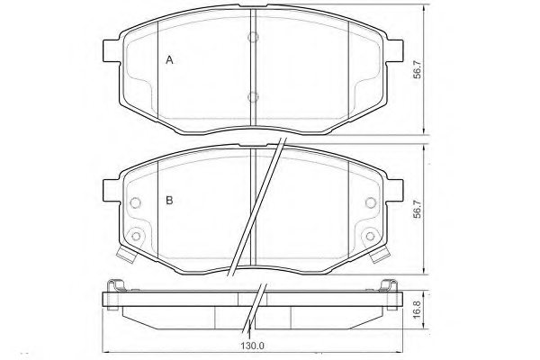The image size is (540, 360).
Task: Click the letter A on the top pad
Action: click(x=168, y=59)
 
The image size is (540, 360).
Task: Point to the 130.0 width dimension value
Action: click(x=252, y=343)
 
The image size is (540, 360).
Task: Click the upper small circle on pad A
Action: click(x=253, y=38)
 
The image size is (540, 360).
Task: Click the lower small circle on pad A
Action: click(x=253, y=97)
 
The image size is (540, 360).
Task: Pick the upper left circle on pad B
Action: click(x=136, y=202)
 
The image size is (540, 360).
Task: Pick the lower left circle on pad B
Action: click(x=136, y=237)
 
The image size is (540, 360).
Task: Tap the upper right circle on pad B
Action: click(x=370, y=202)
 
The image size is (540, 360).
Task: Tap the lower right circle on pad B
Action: click(x=370, y=237)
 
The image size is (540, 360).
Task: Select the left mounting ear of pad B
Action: click(x=112, y=191)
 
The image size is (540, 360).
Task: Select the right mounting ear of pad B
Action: click(x=394, y=191)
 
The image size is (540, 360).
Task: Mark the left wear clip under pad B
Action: click(x=127, y=257)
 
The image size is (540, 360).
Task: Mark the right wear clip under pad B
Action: click(x=379, y=257)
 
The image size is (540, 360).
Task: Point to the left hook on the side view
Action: click(x=114, y=287)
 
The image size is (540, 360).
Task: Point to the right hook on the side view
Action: click(x=391, y=287)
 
